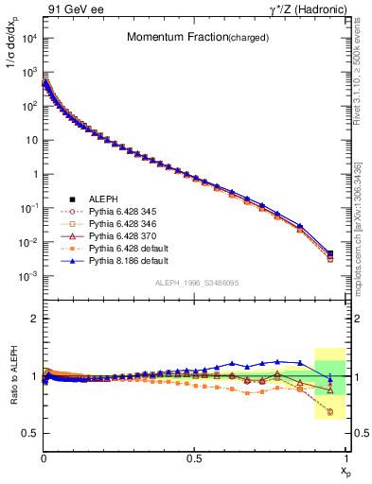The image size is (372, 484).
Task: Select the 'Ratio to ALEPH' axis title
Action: click(12, 377)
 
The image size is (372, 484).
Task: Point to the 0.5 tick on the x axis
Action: click(194, 458)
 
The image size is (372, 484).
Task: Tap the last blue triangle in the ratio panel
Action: click(329, 379)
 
